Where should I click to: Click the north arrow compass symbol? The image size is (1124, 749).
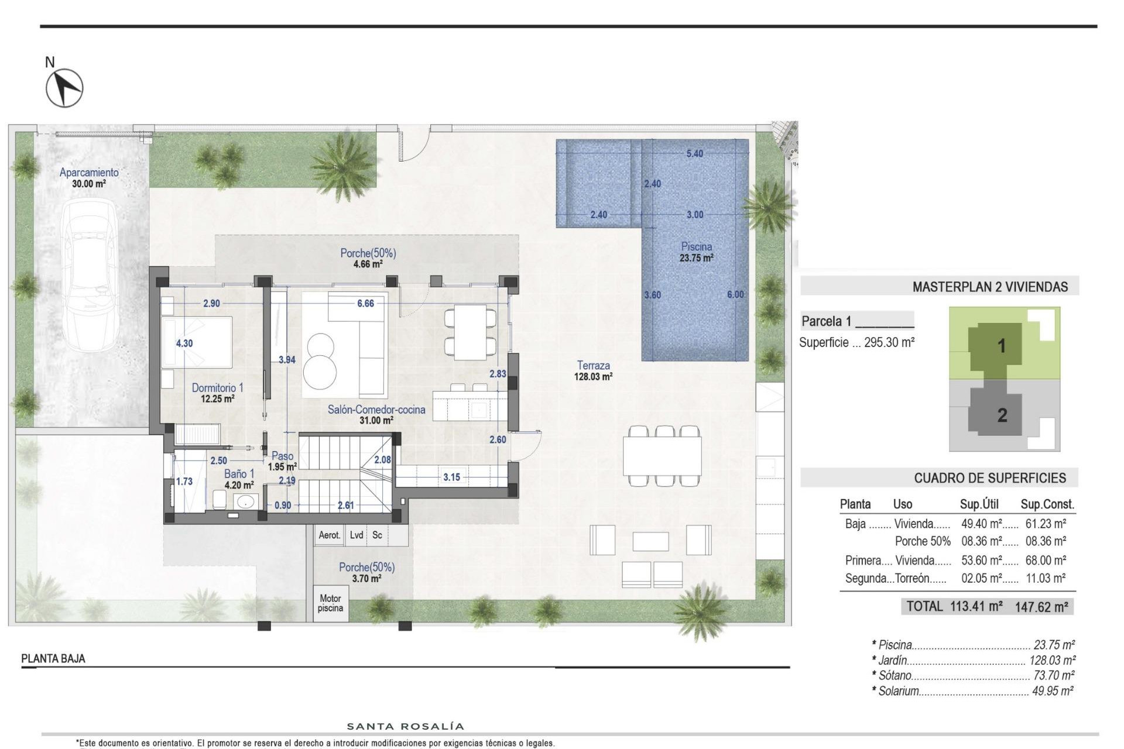(64, 88)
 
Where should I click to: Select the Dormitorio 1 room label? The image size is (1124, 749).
(217, 388)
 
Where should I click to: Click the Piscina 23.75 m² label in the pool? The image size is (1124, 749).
(696, 252)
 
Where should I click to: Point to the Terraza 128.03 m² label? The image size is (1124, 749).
(593, 371)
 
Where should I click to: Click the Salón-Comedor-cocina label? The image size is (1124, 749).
(376, 410)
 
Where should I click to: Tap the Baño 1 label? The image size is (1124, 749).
(239, 474)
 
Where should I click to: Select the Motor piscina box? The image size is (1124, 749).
(330, 603)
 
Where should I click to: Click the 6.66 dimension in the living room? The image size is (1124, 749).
(365, 303)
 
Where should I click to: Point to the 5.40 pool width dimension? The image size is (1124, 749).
(694, 154)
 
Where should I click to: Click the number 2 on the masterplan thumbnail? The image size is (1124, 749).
(1002, 415)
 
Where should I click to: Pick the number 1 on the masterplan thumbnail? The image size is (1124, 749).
(1001, 346)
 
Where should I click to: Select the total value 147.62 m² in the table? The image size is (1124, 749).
(1041, 607)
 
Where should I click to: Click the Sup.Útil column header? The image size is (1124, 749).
(979, 504)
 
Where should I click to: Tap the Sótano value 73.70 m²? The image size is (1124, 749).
(1053, 675)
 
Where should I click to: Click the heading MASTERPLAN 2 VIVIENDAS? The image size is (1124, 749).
(990, 287)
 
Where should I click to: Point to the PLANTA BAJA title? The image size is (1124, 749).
(53, 659)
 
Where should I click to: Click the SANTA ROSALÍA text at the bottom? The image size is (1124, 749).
(406, 727)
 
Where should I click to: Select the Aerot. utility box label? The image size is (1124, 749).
(329, 535)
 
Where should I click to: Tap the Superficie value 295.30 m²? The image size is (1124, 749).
(889, 342)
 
